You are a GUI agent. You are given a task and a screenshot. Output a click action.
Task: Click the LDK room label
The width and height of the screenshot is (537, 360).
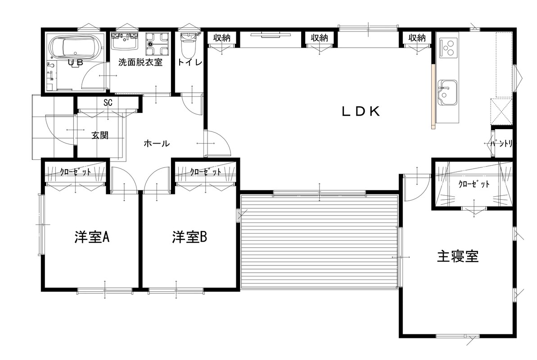(361, 111)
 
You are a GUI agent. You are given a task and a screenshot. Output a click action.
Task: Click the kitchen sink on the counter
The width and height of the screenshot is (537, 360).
(447, 93)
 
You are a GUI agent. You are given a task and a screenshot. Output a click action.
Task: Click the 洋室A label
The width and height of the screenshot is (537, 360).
(92, 237)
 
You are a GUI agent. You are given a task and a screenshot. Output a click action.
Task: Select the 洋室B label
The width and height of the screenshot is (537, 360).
(190, 237)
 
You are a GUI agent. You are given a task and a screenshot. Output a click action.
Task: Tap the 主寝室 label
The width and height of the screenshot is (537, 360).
(457, 256)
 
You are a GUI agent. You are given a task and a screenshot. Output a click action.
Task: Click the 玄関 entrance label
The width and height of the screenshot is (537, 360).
(100, 135)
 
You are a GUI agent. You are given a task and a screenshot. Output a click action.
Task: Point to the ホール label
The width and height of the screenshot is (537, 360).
(157, 143)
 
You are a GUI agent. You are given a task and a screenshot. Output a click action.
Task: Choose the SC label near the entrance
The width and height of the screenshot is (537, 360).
(108, 103)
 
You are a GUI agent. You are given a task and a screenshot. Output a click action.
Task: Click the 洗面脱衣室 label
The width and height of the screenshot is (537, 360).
(140, 63)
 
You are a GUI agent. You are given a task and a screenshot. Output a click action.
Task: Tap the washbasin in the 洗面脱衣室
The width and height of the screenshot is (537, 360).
(124, 41)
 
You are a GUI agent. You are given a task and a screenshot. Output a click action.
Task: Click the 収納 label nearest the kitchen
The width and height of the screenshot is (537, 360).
(417, 38)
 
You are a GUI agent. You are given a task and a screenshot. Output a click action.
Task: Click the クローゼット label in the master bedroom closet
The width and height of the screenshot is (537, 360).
(474, 184)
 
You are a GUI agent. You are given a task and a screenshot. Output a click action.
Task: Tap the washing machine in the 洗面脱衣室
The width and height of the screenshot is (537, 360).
(157, 44)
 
